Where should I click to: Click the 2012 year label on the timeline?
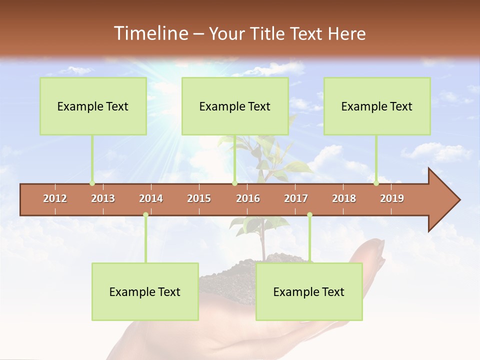55,198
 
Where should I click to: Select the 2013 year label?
103,198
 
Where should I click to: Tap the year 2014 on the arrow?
151,198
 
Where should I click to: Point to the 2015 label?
199,198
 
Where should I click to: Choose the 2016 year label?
248,198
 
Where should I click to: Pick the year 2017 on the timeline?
296,198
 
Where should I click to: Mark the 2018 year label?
344,198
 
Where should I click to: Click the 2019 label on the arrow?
392,198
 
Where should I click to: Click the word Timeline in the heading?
150,33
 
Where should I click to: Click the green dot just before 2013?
92,183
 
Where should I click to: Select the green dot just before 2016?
234,183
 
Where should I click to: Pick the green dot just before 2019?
376,183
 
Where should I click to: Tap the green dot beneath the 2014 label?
145,215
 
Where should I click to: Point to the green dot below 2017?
309,215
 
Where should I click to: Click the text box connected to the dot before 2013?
93,106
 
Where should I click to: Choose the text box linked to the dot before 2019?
377,106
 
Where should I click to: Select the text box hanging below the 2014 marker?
145,291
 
